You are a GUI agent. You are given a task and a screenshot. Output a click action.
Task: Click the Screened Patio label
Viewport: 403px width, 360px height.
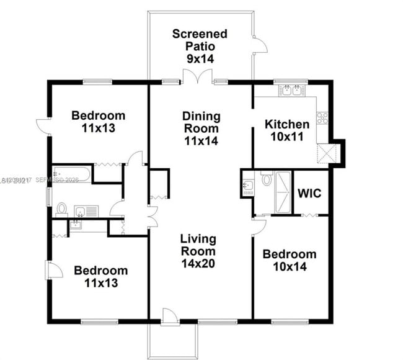[200, 39]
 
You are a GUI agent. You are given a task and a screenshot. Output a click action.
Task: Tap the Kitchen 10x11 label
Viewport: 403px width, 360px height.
[286, 130]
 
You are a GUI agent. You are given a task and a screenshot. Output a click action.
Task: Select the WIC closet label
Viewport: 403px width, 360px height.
[309, 193]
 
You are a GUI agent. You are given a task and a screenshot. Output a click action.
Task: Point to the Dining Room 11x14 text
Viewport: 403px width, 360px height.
[200, 128]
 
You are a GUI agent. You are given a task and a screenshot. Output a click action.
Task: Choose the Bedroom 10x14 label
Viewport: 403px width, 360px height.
[289, 260]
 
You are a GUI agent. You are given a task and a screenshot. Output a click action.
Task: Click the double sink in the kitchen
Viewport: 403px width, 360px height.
[293, 91]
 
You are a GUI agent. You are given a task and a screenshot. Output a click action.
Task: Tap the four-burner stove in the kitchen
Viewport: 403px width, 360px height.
[322, 117]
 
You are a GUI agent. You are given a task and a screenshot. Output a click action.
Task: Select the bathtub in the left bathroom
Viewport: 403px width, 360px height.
[71, 174]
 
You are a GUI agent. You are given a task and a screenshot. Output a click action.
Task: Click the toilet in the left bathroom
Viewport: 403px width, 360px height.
[62, 208]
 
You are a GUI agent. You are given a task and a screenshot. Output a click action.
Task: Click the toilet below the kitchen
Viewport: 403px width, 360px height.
[267, 179]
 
